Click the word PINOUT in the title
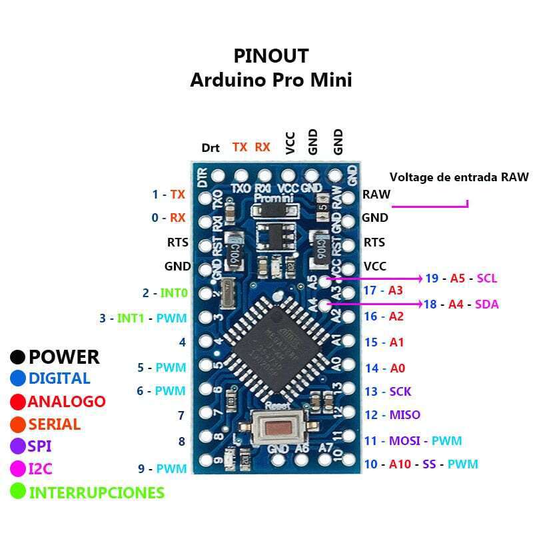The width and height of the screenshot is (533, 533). click(270, 55)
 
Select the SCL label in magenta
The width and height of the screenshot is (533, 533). click(487, 278)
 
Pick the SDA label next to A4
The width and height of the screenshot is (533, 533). click(487, 304)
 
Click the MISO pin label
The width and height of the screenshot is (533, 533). click(405, 415)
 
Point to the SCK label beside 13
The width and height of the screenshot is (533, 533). click(400, 392)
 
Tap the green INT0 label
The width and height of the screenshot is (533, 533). click(173, 292)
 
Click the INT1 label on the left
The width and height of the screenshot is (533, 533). click(131, 318)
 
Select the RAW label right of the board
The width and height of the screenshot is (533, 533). click(376, 195)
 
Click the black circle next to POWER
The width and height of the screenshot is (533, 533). click(18, 358)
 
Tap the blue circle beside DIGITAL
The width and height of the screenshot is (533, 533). click(18, 378)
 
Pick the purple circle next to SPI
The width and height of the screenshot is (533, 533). click(18, 446)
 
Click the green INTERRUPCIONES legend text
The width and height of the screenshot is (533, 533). click(97, 493)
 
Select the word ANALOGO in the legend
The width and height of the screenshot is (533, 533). click(67, 402)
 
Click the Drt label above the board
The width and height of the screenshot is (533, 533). click(211, 148)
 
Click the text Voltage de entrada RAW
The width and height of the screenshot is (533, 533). click(459, 177)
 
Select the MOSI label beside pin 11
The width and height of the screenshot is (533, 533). click(404, 440)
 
